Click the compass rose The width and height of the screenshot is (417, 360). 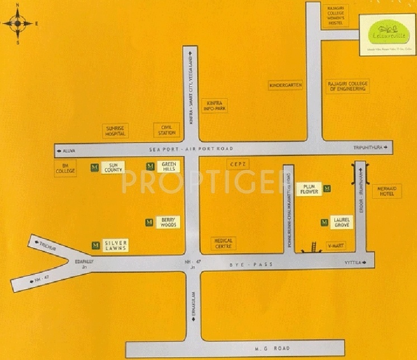pos(17,23)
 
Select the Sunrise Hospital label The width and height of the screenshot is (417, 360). pos(116,131)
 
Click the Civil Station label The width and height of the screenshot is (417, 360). pos(167,130)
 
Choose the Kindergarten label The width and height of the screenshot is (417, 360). pos(286,85)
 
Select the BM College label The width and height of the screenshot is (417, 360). pos(65,168)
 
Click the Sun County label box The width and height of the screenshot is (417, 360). pos(113,167)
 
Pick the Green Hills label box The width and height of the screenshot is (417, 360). pos(168,166)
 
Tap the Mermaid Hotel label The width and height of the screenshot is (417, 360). pos(387,191)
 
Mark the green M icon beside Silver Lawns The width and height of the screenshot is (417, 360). pos(96,245)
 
